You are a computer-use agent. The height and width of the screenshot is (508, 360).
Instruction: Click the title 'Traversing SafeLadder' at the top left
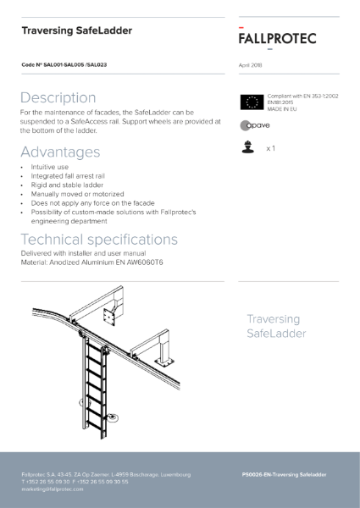[77, 31]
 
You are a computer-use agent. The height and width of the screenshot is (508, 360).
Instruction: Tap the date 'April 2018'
[252, 64]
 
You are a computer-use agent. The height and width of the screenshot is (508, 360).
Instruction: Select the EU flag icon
[252, 102]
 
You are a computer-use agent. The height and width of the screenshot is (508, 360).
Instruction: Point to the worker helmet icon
[249, 147]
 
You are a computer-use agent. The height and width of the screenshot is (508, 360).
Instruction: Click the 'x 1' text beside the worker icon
[270, 148]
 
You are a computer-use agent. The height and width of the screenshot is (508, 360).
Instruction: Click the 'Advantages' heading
[60, 152]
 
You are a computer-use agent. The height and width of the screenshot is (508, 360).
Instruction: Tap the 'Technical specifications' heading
[99, 239]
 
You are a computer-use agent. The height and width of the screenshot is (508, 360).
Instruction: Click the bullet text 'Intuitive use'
[50, 168]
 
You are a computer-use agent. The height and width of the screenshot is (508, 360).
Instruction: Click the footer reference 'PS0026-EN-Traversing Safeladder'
[284, 475]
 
